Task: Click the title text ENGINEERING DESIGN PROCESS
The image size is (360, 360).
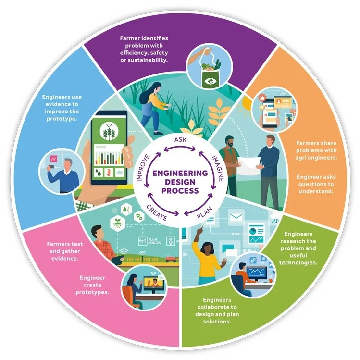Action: pyautogui.click(x=180, y=182)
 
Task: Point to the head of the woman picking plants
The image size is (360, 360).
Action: pyautogui.click(x=158, y=88)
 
